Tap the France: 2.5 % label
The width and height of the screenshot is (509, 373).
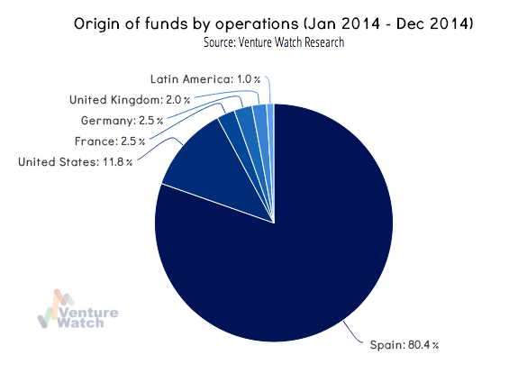pyautogui.click(x=105, y=141)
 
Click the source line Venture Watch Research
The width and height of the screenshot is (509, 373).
pyautogui.click(x=276, y=41)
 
